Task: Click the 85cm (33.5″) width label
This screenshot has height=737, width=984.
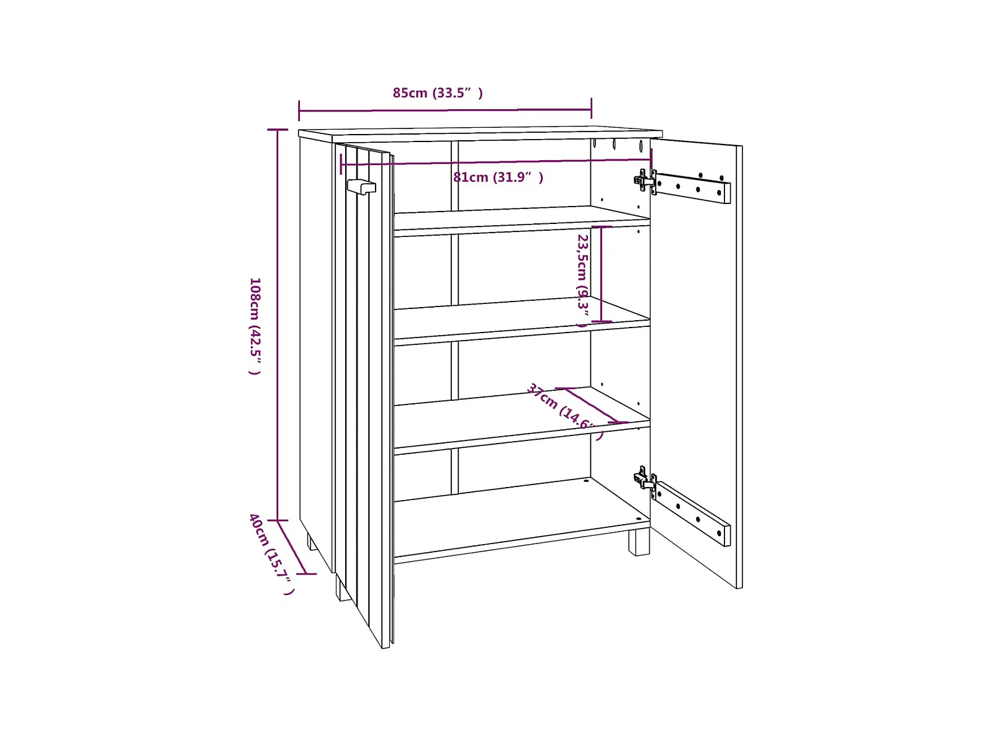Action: (x=437, y=93)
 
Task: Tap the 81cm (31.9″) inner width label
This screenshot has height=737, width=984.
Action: (x=498, y=177)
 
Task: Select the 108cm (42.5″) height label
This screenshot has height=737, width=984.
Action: (x=255, y=326)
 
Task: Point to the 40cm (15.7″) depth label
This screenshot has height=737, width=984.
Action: (x=271, y=553)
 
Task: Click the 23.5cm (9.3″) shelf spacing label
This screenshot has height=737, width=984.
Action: (x=582, y=279)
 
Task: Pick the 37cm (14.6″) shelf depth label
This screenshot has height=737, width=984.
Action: (x=564, y=411)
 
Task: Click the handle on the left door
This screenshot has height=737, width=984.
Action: (x=361, y=186)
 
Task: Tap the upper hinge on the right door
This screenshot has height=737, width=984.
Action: (x=645, y=181)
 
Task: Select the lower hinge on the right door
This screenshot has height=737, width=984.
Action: (x=645, y=481)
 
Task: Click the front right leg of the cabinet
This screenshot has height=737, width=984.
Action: (x=638, y=542)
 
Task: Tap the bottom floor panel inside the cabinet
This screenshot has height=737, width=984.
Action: (x=521, y=518)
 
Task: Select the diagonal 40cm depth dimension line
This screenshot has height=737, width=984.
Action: (x=292, y=547)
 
